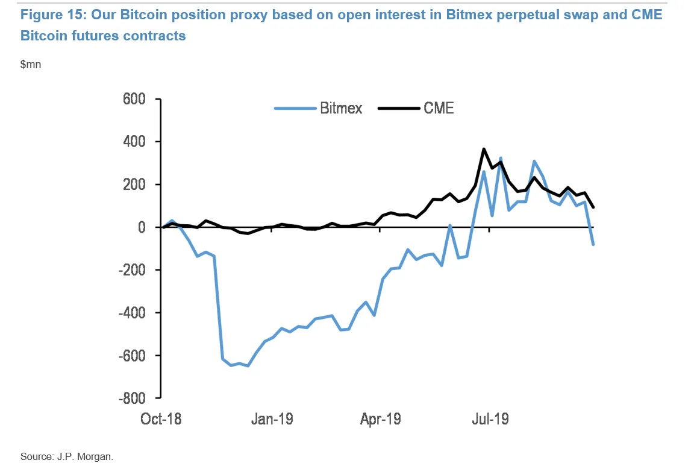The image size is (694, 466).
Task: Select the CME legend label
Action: point(439,109)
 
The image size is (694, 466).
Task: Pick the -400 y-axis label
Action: point(134,313)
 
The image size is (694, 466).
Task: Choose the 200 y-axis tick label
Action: point(137,184)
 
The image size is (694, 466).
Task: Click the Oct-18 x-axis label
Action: point(161,418)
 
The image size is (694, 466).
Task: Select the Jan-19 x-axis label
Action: point(272,418)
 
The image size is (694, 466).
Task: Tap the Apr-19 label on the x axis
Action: point(381,418)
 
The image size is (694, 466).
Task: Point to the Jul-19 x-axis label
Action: point(490,418)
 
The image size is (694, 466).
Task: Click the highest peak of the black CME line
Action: point(483,149)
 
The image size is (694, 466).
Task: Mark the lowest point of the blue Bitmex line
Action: point(248,365)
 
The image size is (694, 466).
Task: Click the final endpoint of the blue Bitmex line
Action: point(593,244)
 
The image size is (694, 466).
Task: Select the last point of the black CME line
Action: point(593,207)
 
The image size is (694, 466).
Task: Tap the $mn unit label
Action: point(31,65)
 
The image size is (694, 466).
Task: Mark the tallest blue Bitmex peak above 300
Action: point(501,158)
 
